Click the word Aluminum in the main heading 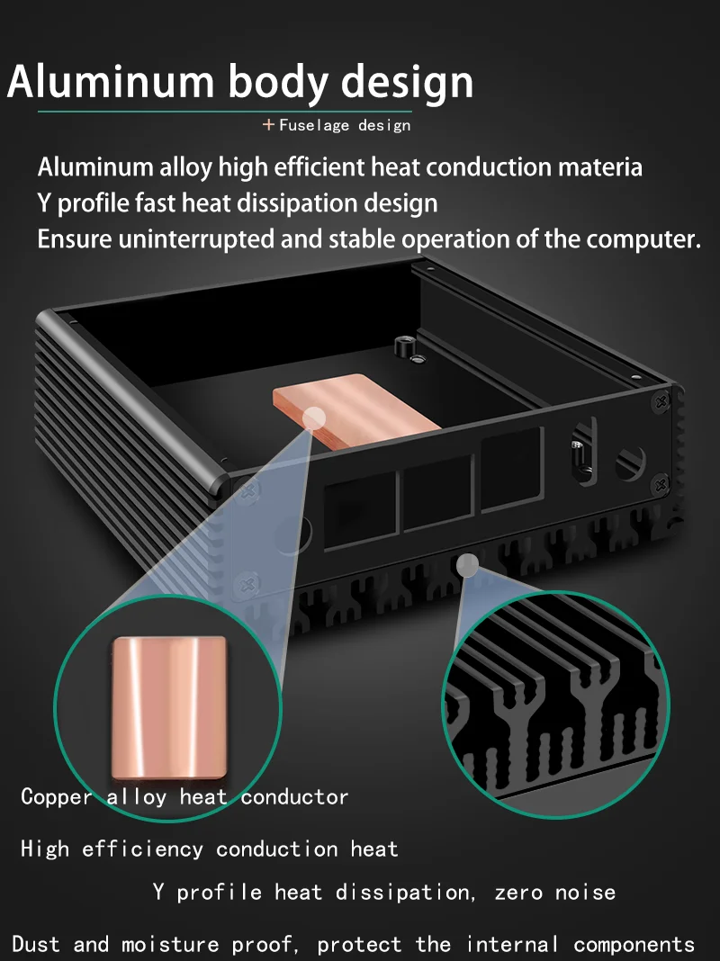pos(111,81)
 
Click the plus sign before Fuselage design pos(268,125)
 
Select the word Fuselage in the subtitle pos(314,126)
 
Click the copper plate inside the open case pos(355,410)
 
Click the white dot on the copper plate pos(314,419)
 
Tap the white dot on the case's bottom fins pos(468,565)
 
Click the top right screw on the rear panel pos(661,402)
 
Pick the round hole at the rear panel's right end pos(631,463)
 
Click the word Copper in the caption pos(57,796)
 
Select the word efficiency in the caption pos(142,849)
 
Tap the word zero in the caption pos(518,893)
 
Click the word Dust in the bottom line pos(36,944)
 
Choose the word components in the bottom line pos(634,945)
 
